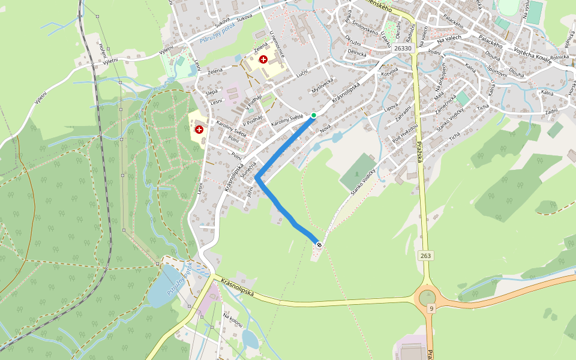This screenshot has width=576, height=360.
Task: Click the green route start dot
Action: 313,115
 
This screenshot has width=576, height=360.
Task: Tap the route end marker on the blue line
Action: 319,244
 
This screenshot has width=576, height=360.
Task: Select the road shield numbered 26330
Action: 403,49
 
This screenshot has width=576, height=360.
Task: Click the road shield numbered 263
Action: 425,256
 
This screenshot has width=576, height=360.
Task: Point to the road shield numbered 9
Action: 431,308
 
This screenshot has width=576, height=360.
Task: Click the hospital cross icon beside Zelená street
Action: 263,59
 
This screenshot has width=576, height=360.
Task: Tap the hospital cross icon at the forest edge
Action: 199,129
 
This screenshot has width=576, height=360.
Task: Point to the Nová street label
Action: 326,128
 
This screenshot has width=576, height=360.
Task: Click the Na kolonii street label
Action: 233,319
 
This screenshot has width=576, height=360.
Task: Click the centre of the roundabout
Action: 427,297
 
